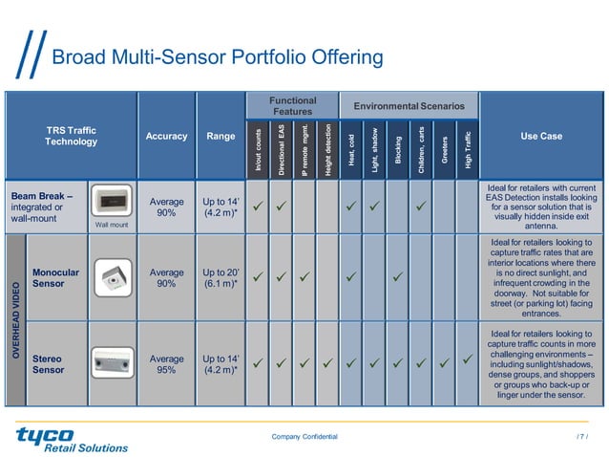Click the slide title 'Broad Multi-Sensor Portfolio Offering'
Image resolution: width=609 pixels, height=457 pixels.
click(217, 58)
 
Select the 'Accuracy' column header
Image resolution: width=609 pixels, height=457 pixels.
click(166, 137)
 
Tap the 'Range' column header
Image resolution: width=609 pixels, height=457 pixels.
click(220, 137)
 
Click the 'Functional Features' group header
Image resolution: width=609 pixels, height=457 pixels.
click(292, 106)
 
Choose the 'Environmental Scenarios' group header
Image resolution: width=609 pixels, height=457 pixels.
click(409, 105)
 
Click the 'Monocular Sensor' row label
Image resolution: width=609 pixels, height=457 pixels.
click(55, 278)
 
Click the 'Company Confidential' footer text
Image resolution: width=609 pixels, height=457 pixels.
click(304, 436)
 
